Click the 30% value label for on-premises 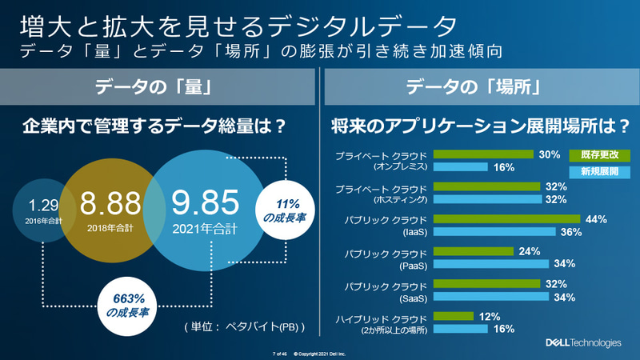pyautogui.click(x=549, y=154)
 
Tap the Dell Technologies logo pyautogui.click(x=582, y=343)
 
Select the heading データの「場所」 pyautogui.click(x=479, y=86)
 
